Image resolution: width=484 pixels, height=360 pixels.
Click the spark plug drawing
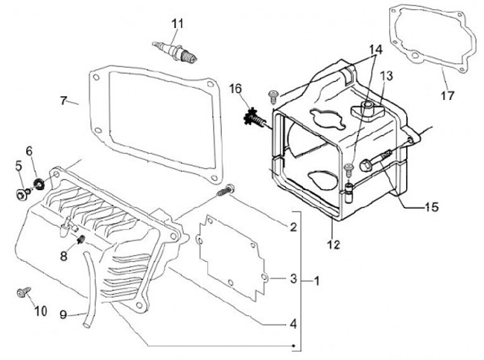pyautogui.click(x=175, y=52)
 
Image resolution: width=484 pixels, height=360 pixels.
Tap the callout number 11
pyautogui.click(x=177, y=24)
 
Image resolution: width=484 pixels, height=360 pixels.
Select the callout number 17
pyautogui.click(x=447, y=95)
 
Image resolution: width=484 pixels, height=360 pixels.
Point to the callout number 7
pyautogui.click(x=63, y=101)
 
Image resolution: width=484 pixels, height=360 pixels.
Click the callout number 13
pyautogui.click(x=386, y=76)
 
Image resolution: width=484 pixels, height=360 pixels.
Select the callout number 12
pyautogui.click(x=333, y=244)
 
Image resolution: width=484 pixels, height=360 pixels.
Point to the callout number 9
pyautogui.click(x=63, y=314)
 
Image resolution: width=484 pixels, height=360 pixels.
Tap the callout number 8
pyautogui.click(x=63, y=255)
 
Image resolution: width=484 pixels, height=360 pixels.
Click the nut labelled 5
pyautogui.click(x=19, y=194)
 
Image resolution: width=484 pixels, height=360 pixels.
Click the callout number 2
pyautogui.click(x=293, y=228)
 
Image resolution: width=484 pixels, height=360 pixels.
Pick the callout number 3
pyautogui.click(x=293, y=279)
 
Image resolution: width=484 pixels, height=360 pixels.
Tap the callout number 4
pyautogui.click(x=293, y=324)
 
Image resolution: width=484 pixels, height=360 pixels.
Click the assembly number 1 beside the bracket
pyautogui.click(x=317, y=281)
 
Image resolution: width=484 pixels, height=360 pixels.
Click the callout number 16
pyautogui.click(x=235, y=89)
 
